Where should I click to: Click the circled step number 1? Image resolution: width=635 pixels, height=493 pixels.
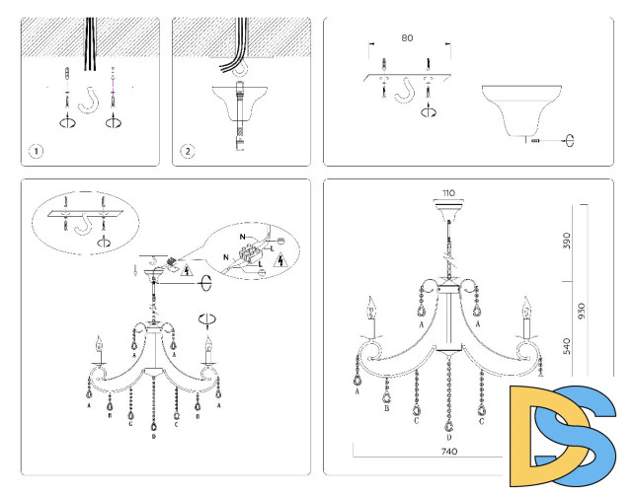[37, 152]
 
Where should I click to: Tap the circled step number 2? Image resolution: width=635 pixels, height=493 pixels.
[187, 152]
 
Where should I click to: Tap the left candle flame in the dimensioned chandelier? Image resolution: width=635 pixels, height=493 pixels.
[372, 301]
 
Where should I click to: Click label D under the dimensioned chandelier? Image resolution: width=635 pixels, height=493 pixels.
[448, 437]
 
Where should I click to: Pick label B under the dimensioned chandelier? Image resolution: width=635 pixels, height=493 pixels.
[386, 407]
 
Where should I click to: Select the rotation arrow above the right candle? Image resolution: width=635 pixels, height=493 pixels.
[207, 318]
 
